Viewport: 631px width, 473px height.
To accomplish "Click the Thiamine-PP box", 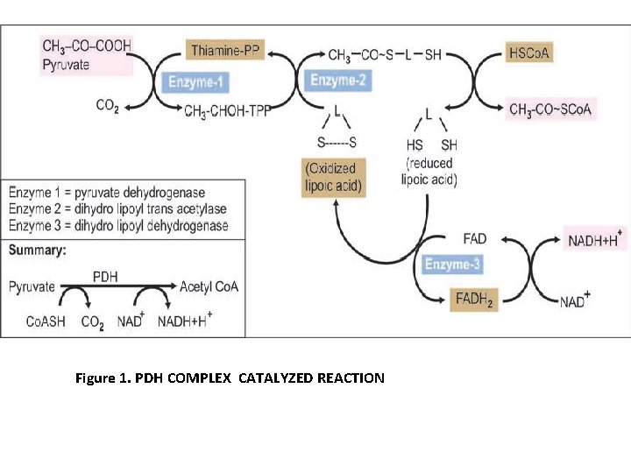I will [224, 51].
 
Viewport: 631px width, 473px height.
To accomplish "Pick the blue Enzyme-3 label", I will [452, 264].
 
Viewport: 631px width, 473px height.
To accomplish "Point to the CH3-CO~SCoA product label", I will [551, 109].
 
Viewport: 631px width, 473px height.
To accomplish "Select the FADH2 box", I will [474, 300].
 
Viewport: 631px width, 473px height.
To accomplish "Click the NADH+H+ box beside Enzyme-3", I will [595, 239].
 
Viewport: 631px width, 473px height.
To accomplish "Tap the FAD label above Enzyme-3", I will [474, 238].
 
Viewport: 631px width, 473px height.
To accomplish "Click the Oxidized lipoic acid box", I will [333, 177].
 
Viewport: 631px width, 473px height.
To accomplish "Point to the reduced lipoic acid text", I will [429, 171].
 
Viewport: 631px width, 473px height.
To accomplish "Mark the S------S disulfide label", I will [337, 143].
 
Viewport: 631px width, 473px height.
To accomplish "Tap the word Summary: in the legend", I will [37, 250].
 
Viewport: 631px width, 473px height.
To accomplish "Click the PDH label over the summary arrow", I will [106, 275].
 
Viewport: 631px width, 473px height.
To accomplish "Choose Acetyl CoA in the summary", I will [209, 286].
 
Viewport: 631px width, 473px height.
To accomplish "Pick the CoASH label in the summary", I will [46, 321].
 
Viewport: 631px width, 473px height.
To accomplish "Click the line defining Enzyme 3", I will [118, 226].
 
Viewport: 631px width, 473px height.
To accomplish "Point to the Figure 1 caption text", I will [230, 378].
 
